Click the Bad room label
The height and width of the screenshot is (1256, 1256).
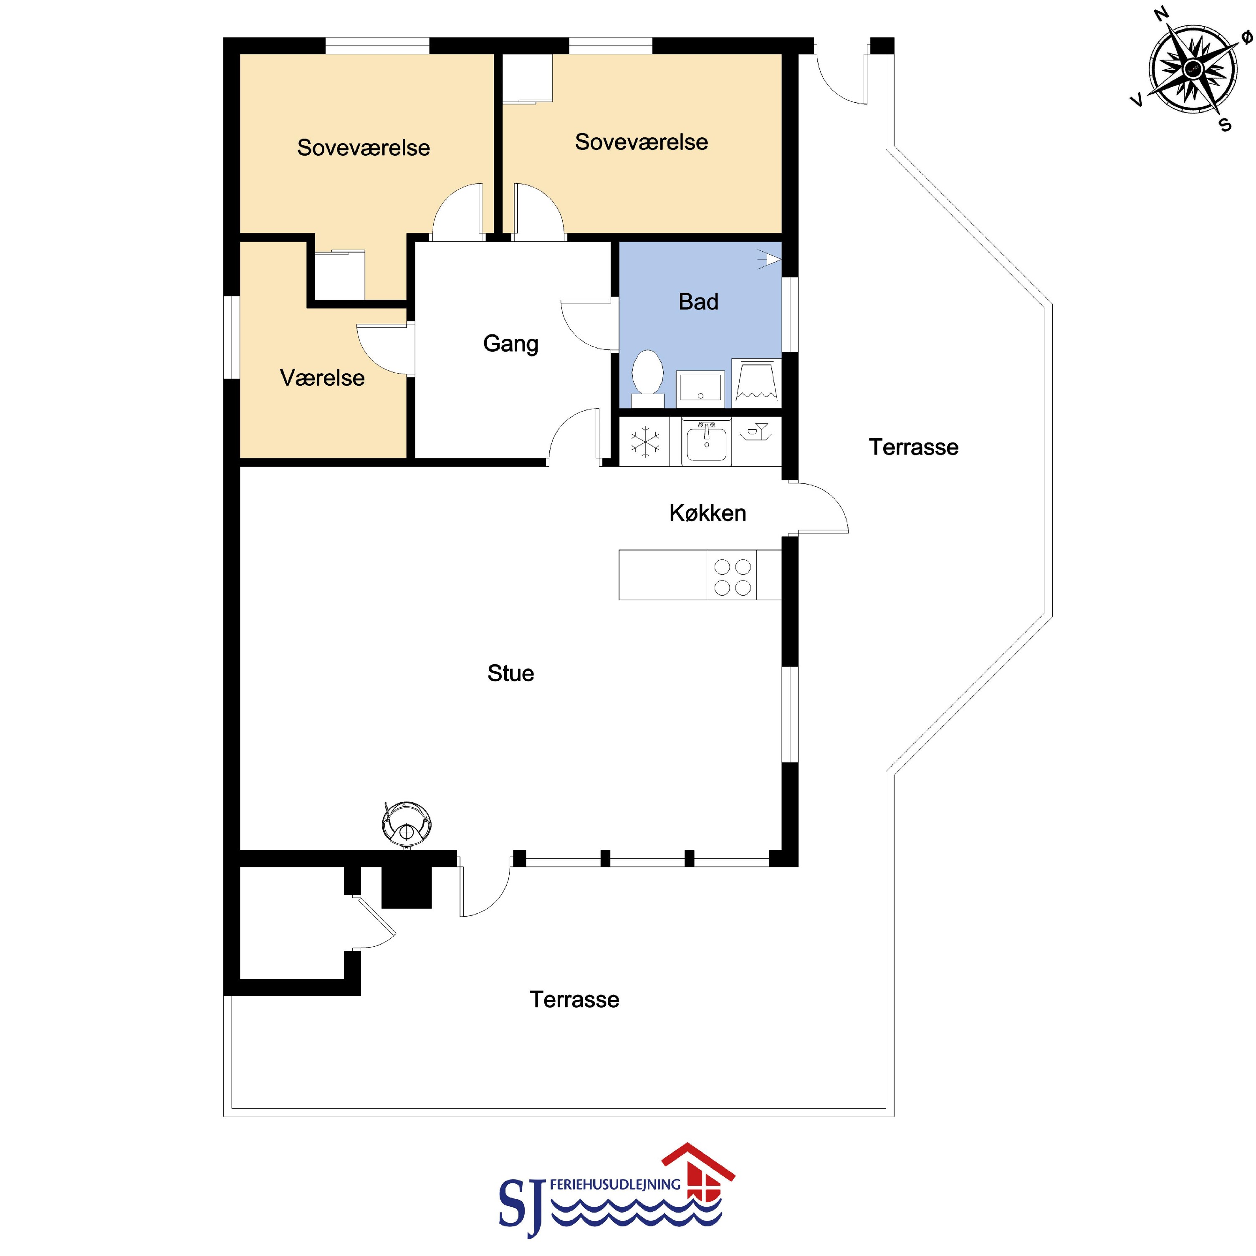(x=698, y=302)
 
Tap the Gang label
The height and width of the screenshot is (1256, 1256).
(x=510, y=344)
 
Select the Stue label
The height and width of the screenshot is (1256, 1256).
(x=510, y=674)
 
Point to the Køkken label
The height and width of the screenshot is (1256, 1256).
(x=708, y=513)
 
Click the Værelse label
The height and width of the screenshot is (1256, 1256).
(x=322, y=378)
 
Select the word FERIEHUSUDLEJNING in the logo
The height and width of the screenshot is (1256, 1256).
(x=614, y=1185)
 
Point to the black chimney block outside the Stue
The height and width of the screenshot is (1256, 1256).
(x=406, y=887)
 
